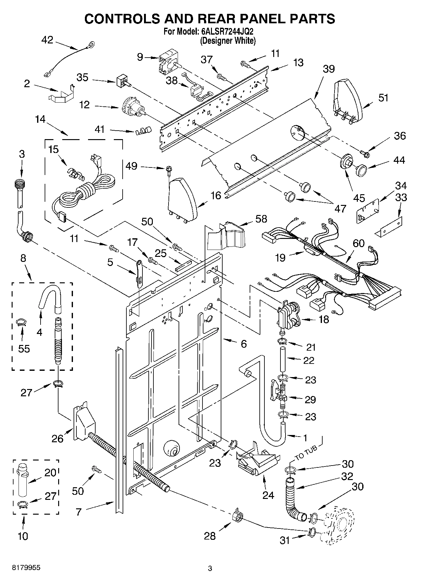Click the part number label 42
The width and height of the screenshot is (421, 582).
click(47, 40)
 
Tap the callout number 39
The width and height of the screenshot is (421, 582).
click(328, 69)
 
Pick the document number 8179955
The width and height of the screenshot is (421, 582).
click(26, 568)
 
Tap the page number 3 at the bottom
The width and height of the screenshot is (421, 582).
click(210, 568)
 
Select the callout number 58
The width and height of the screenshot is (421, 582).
click(261, 219)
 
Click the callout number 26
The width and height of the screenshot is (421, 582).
click(58, 439)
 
